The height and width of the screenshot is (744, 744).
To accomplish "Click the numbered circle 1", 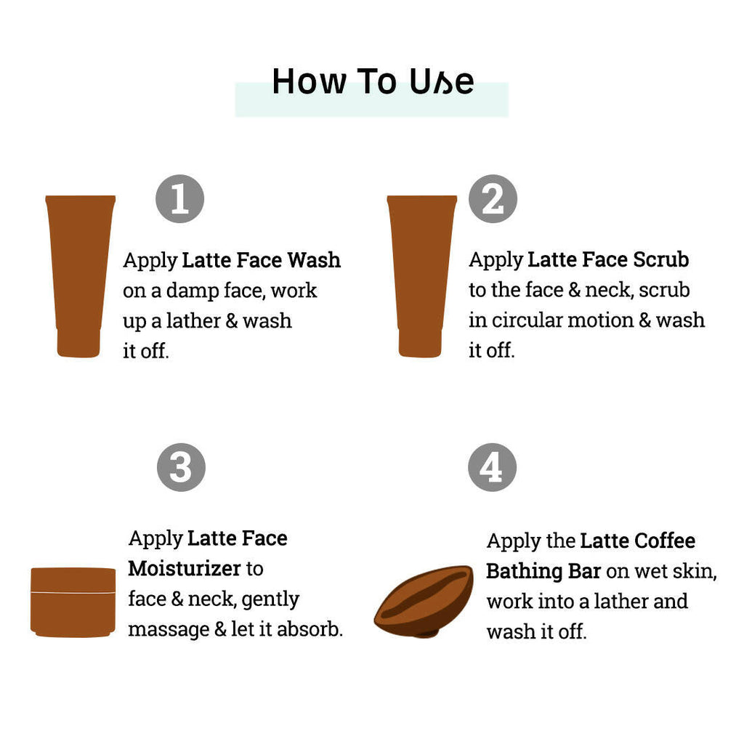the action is point(180,199).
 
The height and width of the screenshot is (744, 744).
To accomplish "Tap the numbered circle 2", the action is point(493,199).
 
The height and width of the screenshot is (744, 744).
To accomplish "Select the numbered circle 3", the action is point(181,467).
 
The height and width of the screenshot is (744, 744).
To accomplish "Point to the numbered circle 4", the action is point(492,467).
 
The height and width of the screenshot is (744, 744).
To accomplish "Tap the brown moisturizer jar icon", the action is point(73,602).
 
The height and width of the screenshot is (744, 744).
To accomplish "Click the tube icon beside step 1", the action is point(80,276).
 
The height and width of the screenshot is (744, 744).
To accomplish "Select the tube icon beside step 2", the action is point(422,276).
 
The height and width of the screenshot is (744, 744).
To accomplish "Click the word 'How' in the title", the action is point(310,81).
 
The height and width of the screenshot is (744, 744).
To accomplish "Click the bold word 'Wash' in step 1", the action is point(314,260).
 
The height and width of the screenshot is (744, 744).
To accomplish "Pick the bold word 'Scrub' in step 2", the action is point(661,259).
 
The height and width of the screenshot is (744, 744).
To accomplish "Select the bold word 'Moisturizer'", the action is point(185,568).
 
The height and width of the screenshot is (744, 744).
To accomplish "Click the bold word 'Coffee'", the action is point(665,541).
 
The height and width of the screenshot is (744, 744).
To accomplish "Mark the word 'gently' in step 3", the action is point(270,600).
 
